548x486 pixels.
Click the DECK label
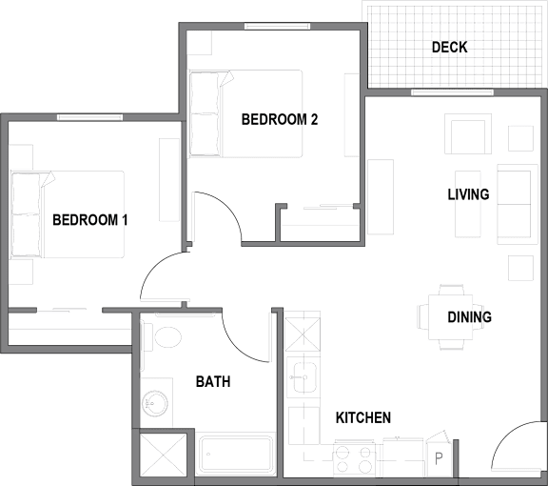click(449, 48)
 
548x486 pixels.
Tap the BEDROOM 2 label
click(280, 119)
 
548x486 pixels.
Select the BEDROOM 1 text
click(90, 220)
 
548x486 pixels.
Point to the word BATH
click(213, 381)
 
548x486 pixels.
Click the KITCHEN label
click(363, 417)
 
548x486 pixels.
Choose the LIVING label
click(468, 194)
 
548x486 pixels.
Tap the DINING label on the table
click(469, 317)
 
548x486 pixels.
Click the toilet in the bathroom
click(162, 336)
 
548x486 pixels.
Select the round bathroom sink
click(154, 404)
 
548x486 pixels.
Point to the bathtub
click(236, 455)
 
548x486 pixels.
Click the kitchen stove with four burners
click(354, 459)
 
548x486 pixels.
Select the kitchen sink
click(304, 377)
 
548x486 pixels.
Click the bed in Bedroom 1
click(68, 214)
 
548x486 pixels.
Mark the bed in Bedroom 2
click(246, 113)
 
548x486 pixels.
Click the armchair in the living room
click(468, 133)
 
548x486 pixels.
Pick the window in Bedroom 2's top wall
click(277, 26)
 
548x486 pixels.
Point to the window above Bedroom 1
click(89, 117)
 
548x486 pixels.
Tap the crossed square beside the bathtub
click(164, 455)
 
